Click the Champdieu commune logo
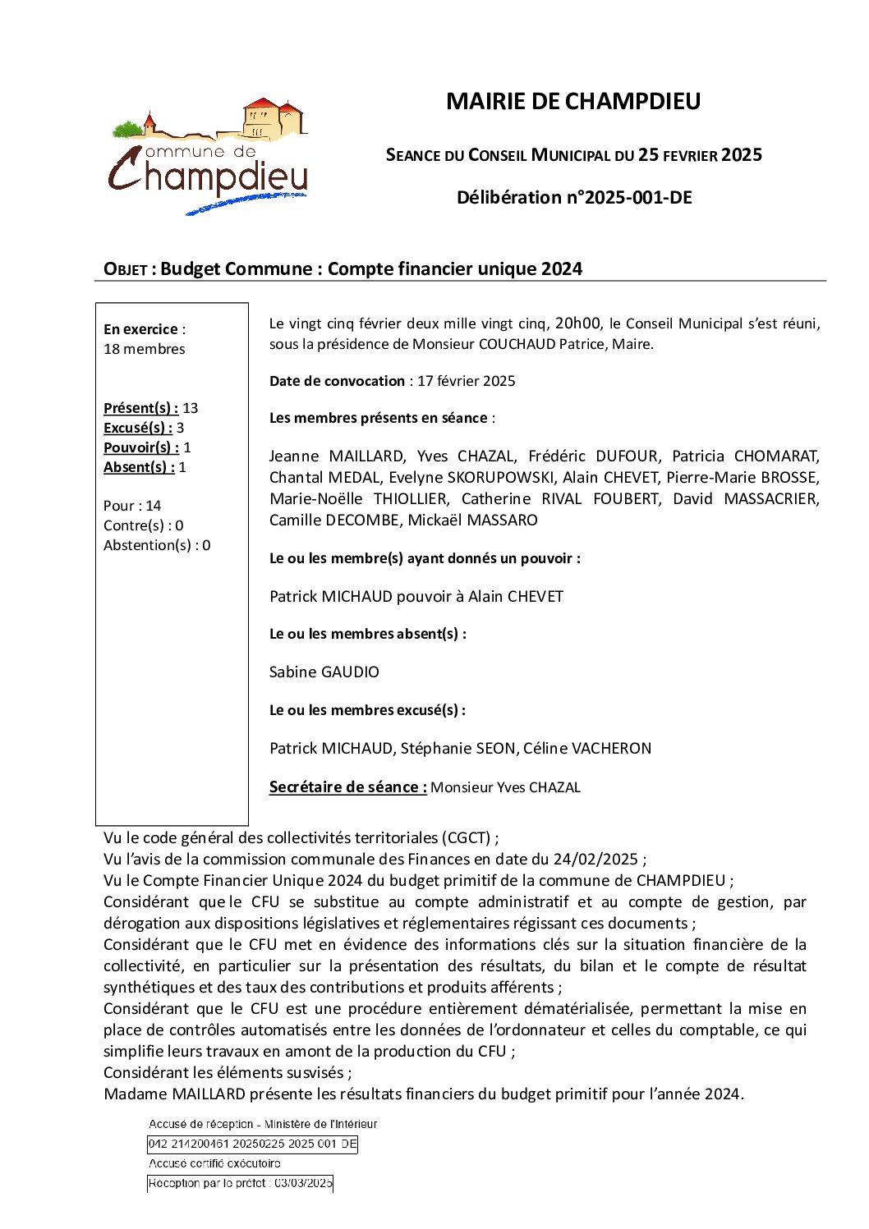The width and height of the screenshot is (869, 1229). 209,157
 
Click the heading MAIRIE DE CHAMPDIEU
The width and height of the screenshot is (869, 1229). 572,102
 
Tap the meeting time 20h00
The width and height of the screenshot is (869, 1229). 577,323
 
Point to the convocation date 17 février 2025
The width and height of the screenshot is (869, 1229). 466,381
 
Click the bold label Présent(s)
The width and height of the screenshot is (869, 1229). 140,408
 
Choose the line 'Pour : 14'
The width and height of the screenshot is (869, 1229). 132,506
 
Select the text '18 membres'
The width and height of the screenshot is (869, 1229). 145,349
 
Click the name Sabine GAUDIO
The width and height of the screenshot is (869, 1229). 324,672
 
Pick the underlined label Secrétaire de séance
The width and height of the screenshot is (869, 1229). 347,787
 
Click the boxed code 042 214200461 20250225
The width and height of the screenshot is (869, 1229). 252,1144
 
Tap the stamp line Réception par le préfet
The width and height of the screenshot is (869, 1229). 240,1183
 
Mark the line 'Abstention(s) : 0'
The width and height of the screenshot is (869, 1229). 157,545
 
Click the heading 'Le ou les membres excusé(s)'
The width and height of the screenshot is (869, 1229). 367,710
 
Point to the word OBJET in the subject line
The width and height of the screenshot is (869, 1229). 125,269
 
